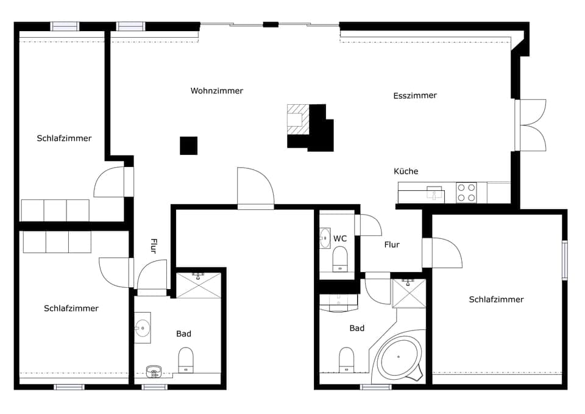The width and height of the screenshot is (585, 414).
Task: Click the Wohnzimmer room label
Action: pyautogui.click(x=216, y=91)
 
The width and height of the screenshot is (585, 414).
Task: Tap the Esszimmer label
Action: pyautogui.click(x=415, y=96)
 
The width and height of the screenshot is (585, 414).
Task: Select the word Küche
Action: pyautogui.click(x=406, y=171)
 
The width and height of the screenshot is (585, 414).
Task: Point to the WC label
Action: pyautogui.click(x=340, y=238)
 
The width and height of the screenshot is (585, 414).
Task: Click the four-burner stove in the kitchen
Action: pyautogui.click(x=466, y=193)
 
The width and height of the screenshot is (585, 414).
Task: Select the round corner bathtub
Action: pyautogui.click(x=399, y=357)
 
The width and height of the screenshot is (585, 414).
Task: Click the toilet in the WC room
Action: pyautogui.click(x=339, y=259)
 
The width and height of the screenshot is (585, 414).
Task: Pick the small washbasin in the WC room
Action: pyautogui.click(x=324, y=238)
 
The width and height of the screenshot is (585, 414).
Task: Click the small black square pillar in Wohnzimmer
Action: pyautogui.click(x=188, y=146)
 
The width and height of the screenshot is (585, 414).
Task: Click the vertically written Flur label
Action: pyautogui.click(x=154, y=246)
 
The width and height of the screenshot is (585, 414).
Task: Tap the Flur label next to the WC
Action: pyautogui.click(x=392, y=244)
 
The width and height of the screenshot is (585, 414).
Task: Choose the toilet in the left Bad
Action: pyautogui.click(x=186, y=359)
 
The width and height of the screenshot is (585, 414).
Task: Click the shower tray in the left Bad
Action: pyautogui.click(x=198, y=285)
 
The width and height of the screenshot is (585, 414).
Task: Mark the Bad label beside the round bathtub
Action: pyautogui.click(x=357, y=328)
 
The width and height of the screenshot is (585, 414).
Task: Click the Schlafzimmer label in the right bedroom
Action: pyautogui.click(x=496, y=299)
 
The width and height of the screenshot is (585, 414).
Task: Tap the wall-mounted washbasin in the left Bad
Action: pyautogui.click(x=143, y=327)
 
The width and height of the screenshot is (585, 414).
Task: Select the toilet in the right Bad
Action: pyautogui.click(x=346, y=359)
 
